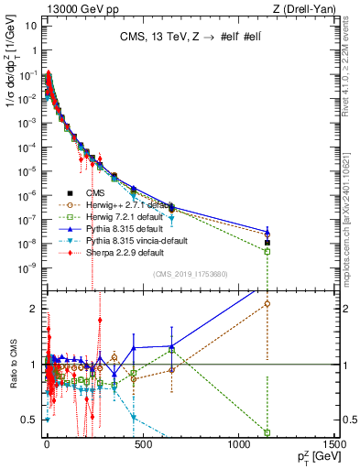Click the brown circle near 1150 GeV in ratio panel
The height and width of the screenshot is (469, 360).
coord(267,303)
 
